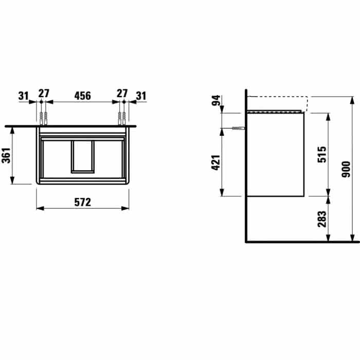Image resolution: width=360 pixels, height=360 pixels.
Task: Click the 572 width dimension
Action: [x=83, y=202]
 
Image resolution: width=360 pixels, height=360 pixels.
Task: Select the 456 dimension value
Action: [x=83, y=96]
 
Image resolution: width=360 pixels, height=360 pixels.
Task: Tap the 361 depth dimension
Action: [x=6, y=155]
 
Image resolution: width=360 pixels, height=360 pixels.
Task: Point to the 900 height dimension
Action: [x=346, y=169]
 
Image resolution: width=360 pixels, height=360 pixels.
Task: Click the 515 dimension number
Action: [x=322, y=154]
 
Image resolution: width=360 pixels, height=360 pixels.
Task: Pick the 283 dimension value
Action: [x=322, y=219]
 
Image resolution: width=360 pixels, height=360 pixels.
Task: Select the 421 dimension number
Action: [x=216, y=163]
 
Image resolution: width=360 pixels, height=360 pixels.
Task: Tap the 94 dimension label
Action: [x=216, y=100]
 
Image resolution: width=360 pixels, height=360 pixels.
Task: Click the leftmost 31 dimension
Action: [x=24, y=96]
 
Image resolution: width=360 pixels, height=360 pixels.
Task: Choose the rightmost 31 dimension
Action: [x=141, y=96]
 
